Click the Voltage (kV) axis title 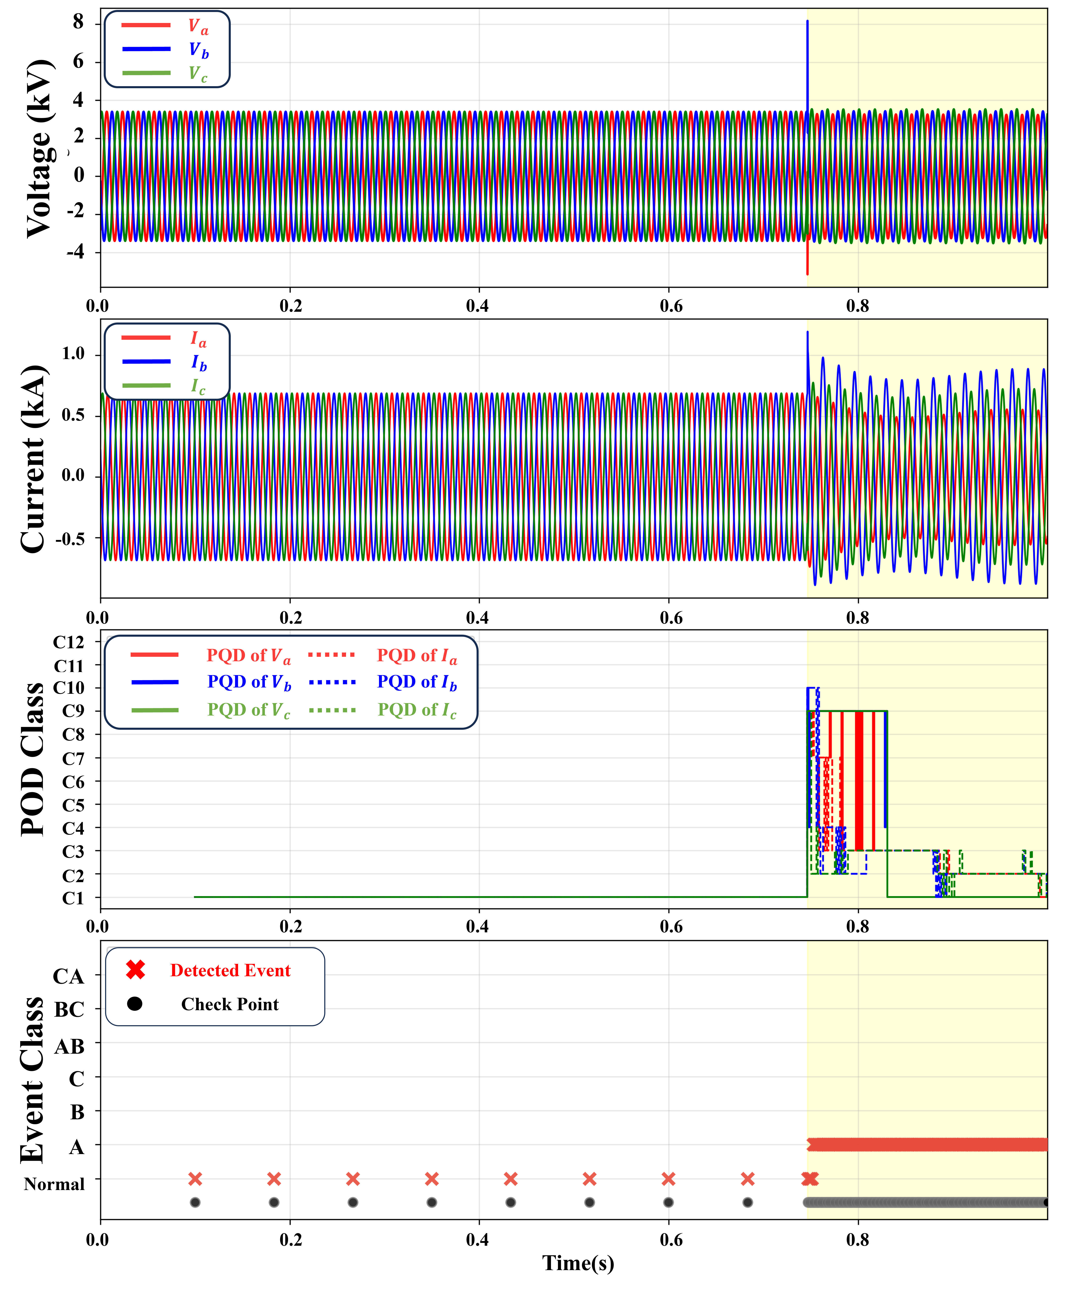38,148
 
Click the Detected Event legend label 230,970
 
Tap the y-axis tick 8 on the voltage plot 78,22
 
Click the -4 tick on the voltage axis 74,252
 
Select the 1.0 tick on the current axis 73,354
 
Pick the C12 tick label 68,642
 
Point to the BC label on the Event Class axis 69,1010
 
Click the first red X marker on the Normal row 195,1179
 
